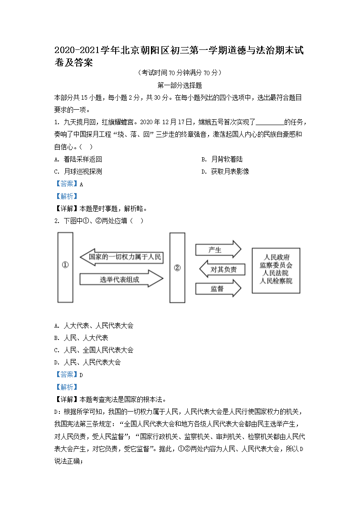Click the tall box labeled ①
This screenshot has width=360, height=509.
pos(65,267)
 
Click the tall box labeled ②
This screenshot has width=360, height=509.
pos(177,267)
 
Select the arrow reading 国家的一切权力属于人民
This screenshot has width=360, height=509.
pos(121,257)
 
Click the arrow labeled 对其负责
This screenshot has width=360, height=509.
pos(222,270)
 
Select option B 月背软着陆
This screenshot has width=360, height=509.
pos(227,159)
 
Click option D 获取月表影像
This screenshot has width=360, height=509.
pos(230,171)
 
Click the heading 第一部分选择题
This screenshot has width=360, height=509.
pos(180,85)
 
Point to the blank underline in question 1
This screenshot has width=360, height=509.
pos(270,122)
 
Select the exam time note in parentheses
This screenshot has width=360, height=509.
pos(180,73)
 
